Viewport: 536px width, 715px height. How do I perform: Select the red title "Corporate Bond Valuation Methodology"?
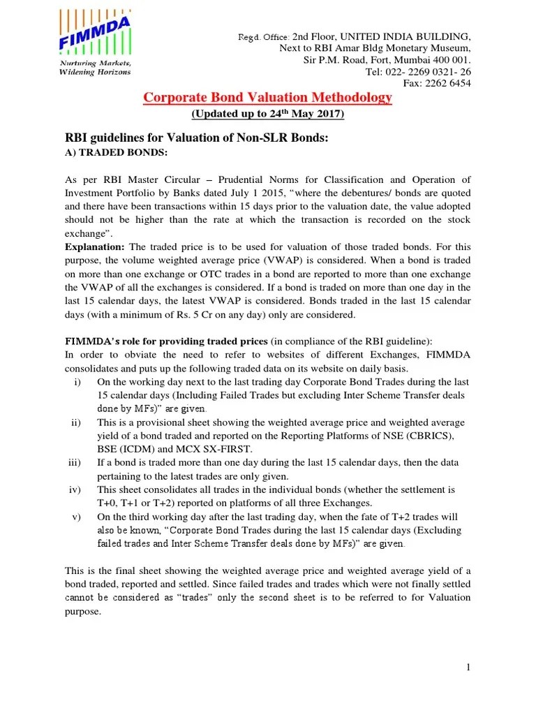coord(267,98)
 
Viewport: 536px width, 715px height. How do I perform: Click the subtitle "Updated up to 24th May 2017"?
coord(267,114)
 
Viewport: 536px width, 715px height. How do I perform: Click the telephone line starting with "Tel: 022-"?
coord(418,72)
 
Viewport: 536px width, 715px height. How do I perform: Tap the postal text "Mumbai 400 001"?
coord(434,60)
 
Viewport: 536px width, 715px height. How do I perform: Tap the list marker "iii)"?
coord(75,462)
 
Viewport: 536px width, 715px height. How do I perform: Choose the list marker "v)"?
coord(77,517)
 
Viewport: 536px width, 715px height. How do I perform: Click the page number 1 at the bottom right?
coord(469,668)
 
